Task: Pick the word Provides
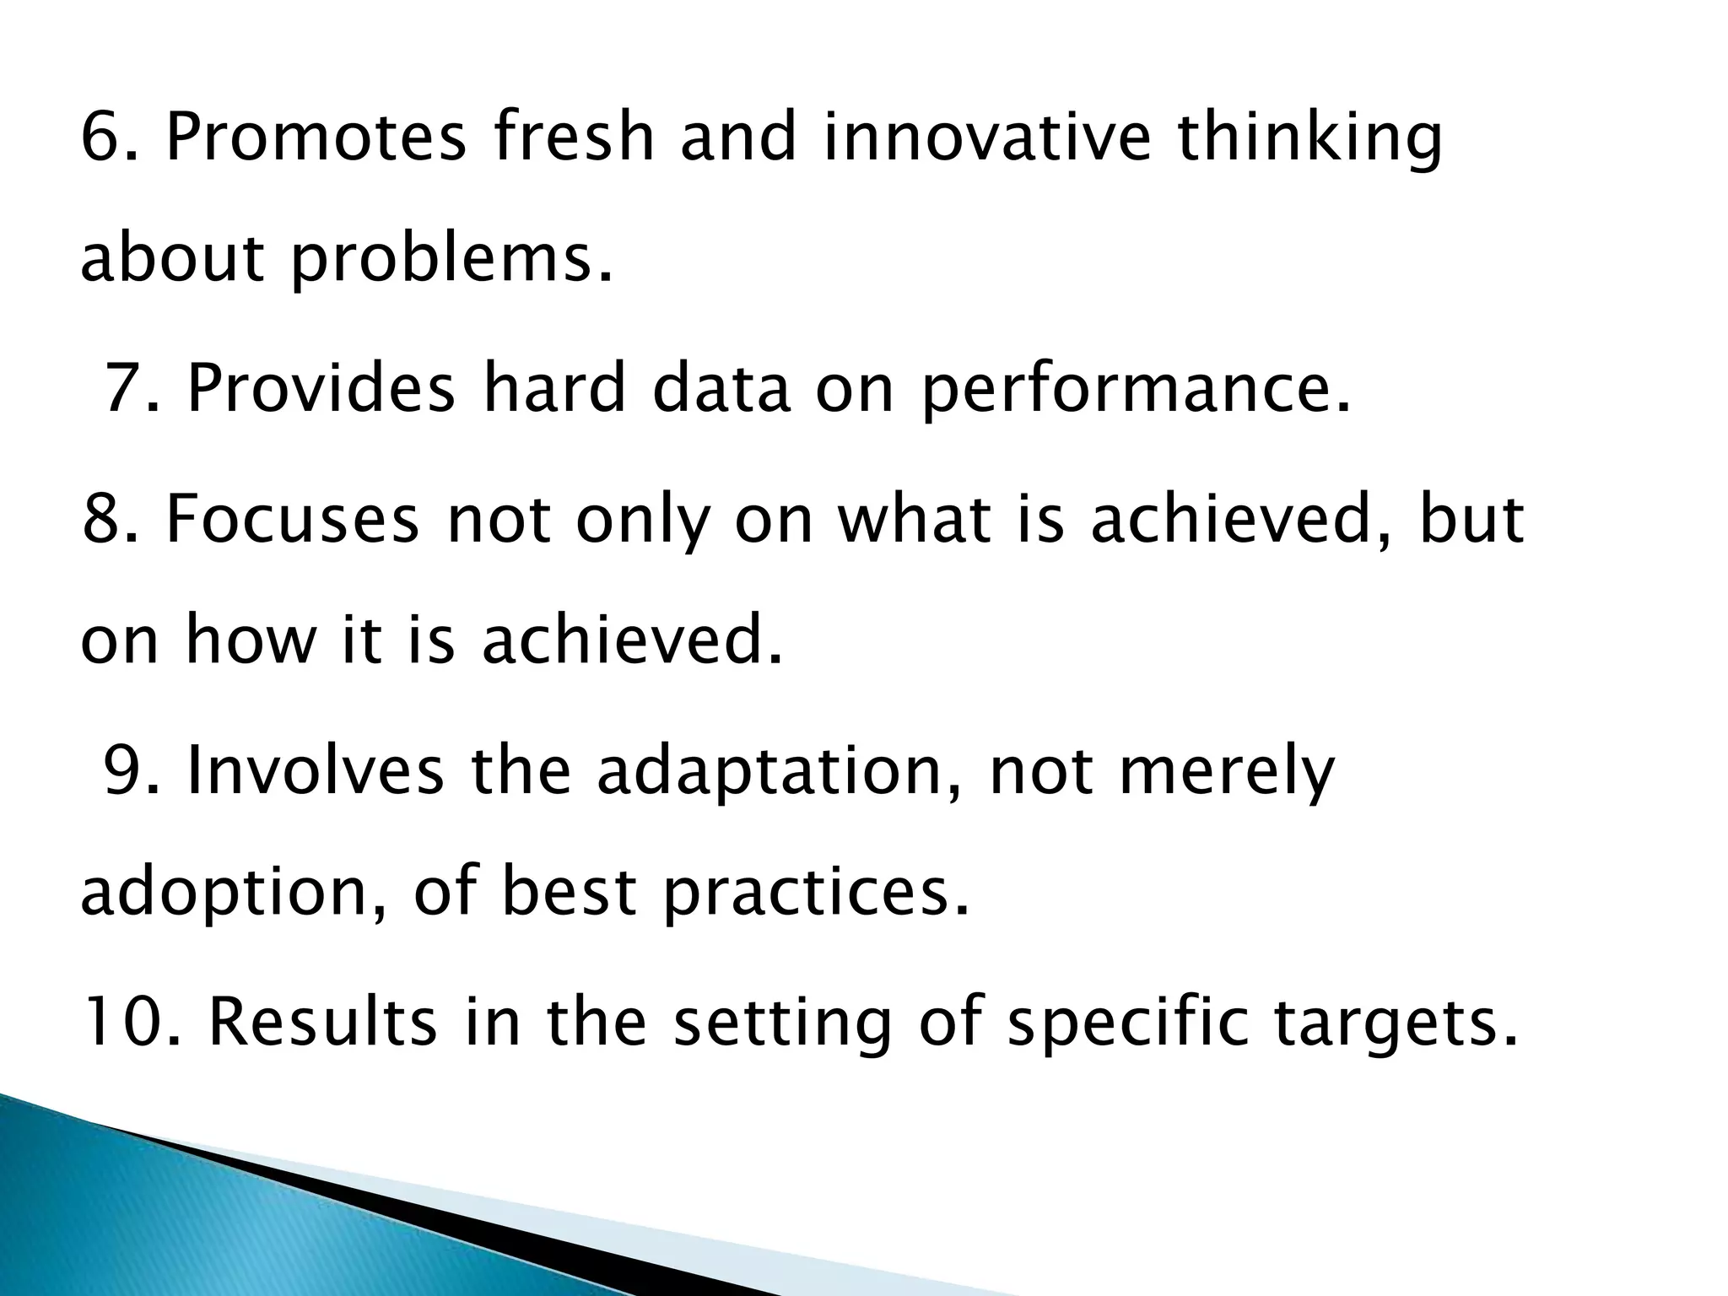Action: (x=321, y=389)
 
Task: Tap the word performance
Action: (x=1135, y=389)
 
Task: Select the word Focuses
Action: (x=292, y=518)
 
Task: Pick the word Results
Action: (x=323, y=1022)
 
